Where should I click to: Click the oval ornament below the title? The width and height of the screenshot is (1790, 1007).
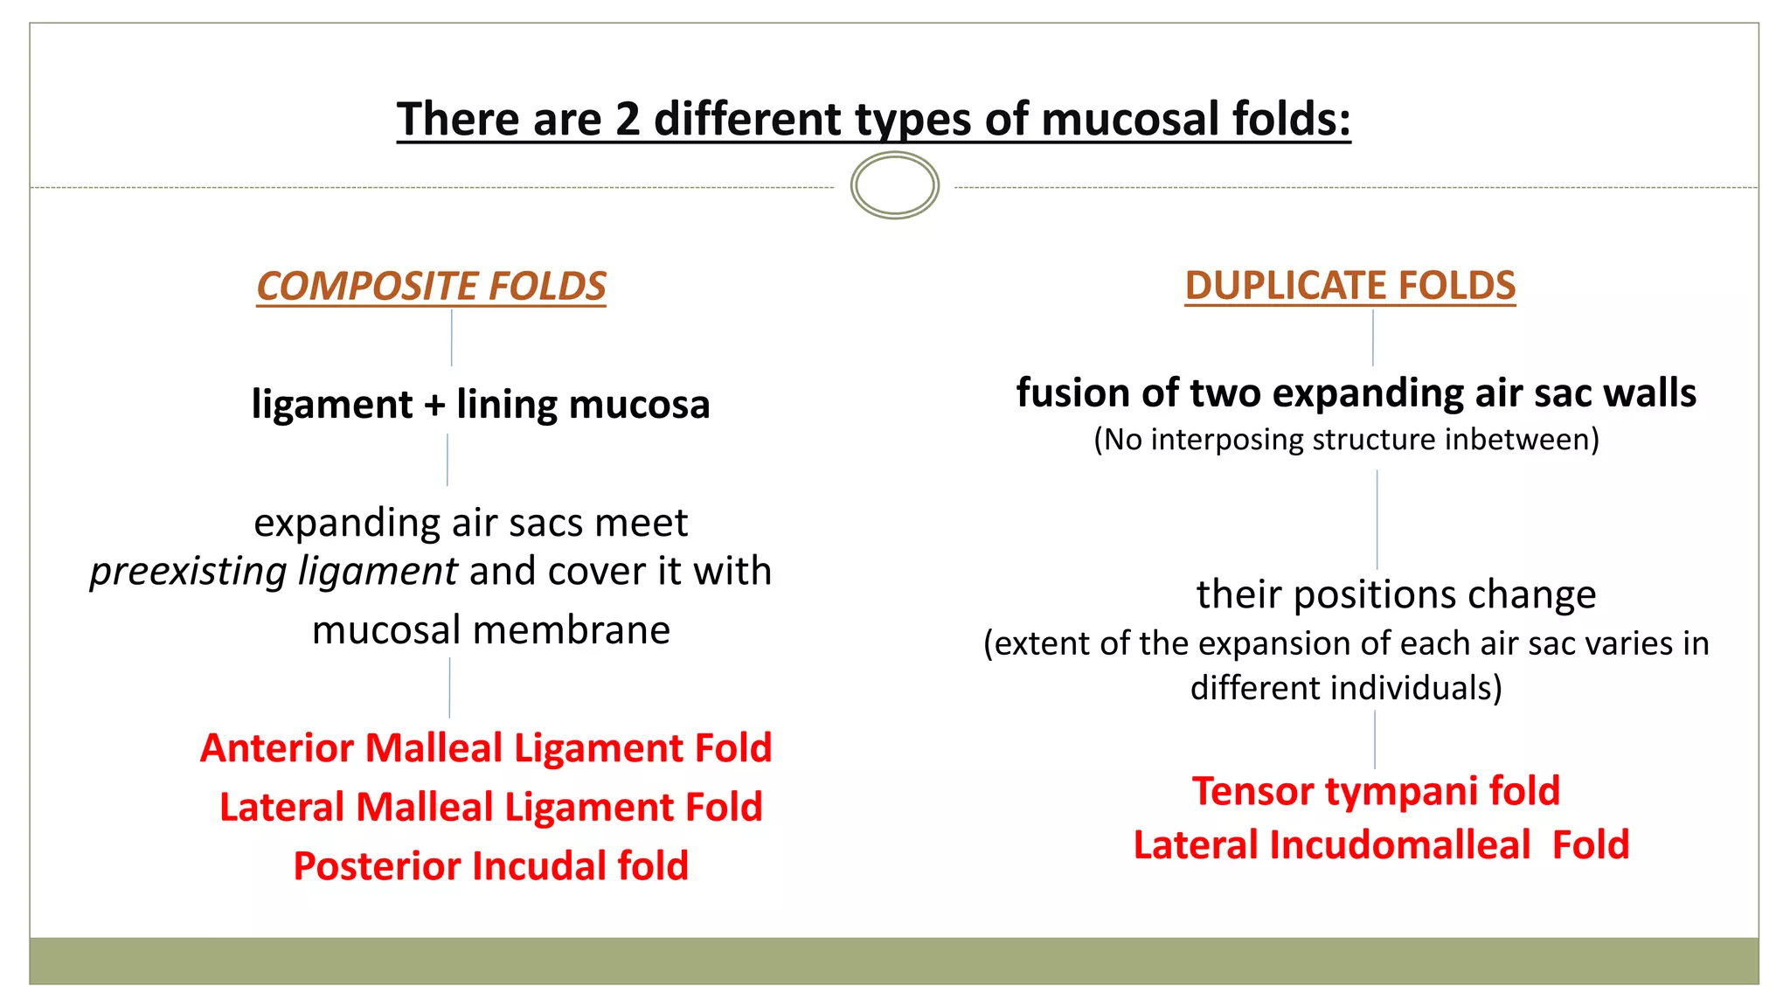point(894,185)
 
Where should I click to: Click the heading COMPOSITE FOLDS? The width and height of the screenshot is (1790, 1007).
point(431,287)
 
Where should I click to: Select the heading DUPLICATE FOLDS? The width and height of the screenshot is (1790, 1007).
point(1349,286)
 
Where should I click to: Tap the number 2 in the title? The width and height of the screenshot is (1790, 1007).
point(628,119)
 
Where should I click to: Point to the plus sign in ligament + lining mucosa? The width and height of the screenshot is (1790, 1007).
point(434,406)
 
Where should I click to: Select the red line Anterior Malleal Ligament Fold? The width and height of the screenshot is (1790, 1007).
point(486,748)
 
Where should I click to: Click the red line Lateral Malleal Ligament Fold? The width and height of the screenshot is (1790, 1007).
point(490,807)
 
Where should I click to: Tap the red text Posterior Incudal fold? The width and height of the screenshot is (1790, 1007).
point(490,866)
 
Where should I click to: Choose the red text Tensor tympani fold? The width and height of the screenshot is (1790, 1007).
point(1376,791)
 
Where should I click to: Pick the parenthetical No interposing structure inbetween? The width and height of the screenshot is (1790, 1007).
point(1346,440)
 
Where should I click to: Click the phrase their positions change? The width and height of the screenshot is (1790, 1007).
point(1396,595)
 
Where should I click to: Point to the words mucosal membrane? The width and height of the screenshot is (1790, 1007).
point(490,630)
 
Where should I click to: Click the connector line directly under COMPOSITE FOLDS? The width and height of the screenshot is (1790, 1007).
point(451,338)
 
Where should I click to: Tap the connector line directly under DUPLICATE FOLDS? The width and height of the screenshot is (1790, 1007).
point(1372,338)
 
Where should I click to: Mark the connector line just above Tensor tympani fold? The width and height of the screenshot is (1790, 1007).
point(1374,739)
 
